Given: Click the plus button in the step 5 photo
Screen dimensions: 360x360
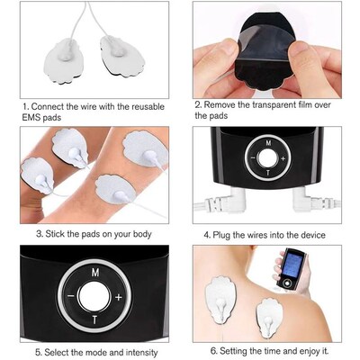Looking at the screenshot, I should (x=118, y=296).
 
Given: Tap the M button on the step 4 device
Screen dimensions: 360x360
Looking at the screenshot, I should (x=265, y=142).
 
